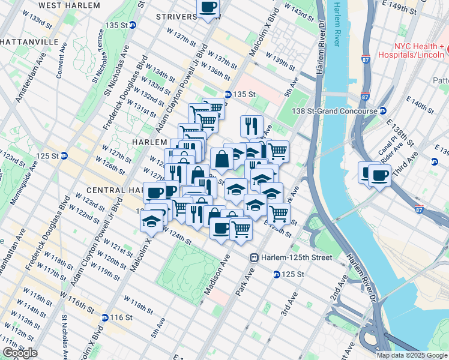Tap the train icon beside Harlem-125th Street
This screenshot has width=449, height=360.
point(255,257)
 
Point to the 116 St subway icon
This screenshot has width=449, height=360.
point(105,317)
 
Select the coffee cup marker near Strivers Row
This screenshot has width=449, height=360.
point(208,8)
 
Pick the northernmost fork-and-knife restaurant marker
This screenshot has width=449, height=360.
point(251,125)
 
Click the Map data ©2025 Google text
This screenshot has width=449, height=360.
point(411,355)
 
